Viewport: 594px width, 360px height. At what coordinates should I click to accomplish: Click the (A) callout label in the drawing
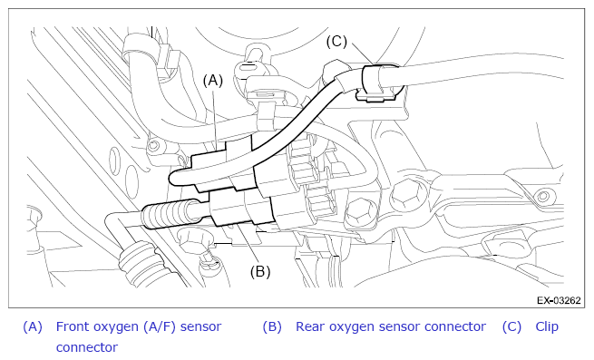[x=213, y=81]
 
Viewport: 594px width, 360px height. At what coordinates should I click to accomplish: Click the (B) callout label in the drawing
[x=260, y=271]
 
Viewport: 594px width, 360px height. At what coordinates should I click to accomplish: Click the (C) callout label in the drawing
[x=336, y=42]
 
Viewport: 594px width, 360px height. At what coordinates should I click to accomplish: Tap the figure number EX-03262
[x=559, y=300]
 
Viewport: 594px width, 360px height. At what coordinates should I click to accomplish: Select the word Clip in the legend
[x=547, y=326]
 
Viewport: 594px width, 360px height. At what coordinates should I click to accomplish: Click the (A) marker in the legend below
[x=33, y=326]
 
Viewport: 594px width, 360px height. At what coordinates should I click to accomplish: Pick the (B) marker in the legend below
[x=272, y=326]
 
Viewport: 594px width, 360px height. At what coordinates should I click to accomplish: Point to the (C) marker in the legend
[x=511, y=326]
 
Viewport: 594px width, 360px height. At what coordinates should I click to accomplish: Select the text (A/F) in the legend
[x=160, y=326]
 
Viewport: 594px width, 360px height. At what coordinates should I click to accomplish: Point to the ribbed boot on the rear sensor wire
[x=165, y=216]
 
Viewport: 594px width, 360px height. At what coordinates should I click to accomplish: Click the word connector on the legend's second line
[x=87, y=347]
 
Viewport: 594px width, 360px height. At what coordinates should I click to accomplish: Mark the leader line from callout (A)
[x=214, y=119]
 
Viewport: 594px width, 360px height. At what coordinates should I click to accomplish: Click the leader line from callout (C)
[x=363, y=54]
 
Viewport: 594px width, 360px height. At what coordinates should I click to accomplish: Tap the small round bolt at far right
[x=542, y=196]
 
